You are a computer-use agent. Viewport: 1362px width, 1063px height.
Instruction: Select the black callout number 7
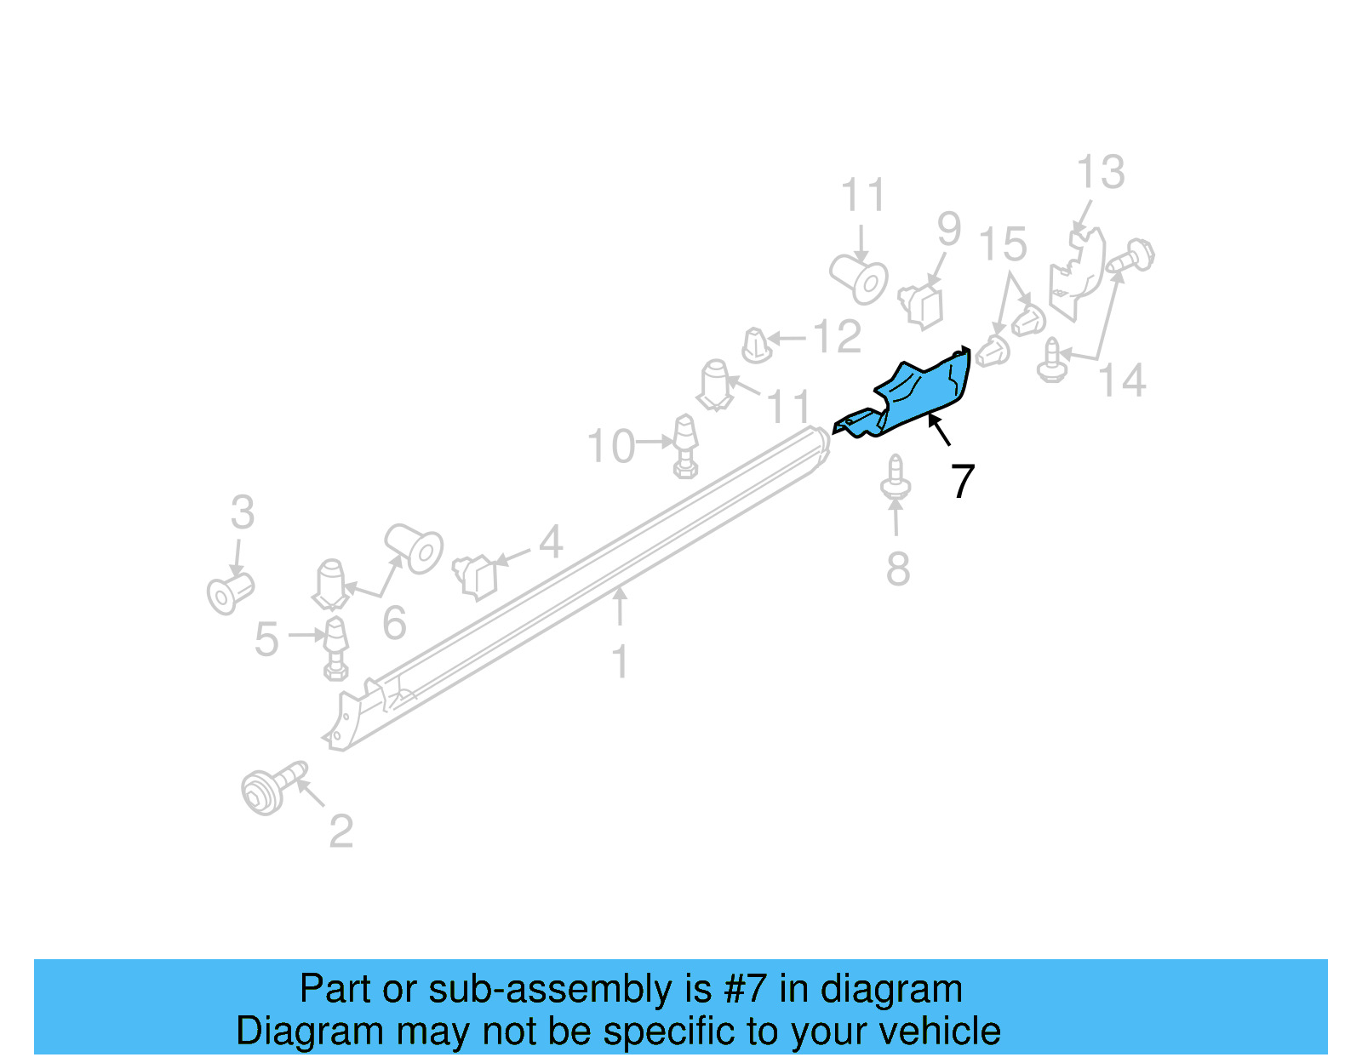962,482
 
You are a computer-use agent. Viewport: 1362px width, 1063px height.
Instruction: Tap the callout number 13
1101,173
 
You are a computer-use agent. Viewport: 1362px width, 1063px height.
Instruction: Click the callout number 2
340,832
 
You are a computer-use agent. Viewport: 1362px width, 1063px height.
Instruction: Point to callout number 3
243,513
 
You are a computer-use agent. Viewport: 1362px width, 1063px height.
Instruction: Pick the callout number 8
898,569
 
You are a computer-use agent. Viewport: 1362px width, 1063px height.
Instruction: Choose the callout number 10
611,447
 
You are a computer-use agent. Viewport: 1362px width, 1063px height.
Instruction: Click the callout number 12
838,338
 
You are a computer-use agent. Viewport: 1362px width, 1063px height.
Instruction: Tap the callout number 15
1003,245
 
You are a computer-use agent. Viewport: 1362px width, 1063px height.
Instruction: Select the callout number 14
1122,380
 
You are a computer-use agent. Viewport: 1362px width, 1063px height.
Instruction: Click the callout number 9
948,230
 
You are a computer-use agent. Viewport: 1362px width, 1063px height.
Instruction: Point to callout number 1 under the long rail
621,661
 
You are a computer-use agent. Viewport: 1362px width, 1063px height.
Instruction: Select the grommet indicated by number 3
230,592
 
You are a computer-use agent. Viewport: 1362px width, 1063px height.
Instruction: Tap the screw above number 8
895,479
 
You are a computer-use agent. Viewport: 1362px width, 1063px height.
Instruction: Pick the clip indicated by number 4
477,575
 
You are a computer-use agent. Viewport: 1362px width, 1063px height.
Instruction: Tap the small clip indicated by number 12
756,346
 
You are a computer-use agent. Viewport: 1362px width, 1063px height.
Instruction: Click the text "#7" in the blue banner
745,990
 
